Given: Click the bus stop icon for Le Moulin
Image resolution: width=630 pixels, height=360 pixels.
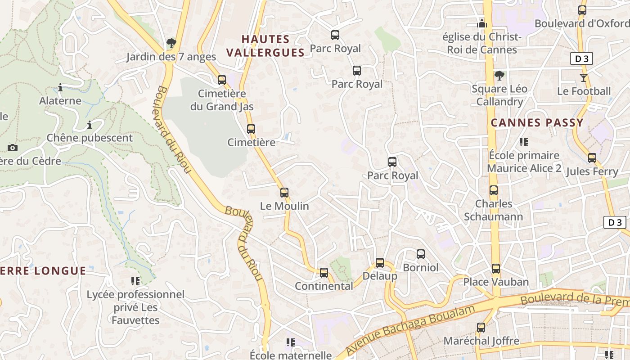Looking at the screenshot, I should pos(284,193).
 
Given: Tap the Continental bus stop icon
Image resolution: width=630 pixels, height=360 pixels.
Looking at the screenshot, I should pos(324,273).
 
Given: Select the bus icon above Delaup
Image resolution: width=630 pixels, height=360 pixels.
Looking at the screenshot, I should pos(379,263).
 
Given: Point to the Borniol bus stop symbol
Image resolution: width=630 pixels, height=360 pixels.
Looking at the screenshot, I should pos(420,254).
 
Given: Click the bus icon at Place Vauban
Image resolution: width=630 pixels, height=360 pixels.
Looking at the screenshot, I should pos(495,269).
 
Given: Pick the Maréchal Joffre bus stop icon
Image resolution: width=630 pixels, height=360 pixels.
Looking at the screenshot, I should pos(481,328).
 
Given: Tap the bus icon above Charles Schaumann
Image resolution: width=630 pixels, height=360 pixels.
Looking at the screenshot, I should pos(493,190).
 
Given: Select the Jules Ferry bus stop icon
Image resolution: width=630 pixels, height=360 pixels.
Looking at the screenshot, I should pos(592,158).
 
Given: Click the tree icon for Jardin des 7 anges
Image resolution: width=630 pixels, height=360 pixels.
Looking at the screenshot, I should pos(171,44).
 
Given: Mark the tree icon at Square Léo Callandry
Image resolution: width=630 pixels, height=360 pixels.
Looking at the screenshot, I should pos(499,76).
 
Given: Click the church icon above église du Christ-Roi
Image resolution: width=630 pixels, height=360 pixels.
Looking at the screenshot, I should pos(482,23).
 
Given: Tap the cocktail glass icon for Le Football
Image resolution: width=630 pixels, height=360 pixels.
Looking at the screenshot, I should pos(584,78).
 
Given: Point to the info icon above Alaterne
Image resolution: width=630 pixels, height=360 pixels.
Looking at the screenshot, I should pos(60,87).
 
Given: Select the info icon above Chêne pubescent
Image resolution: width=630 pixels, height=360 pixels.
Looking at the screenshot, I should pos(89,125).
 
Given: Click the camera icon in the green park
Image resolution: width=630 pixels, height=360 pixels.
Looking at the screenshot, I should pos(13,148).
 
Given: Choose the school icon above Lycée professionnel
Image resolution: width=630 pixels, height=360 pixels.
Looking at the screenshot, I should pos(135,281).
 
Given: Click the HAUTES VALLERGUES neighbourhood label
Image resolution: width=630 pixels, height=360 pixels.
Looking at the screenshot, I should pos(265,46).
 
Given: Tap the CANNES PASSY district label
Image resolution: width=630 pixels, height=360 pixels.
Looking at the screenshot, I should pos(537,122).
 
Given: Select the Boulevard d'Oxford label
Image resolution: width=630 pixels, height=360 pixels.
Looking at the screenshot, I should pos(582,23).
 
